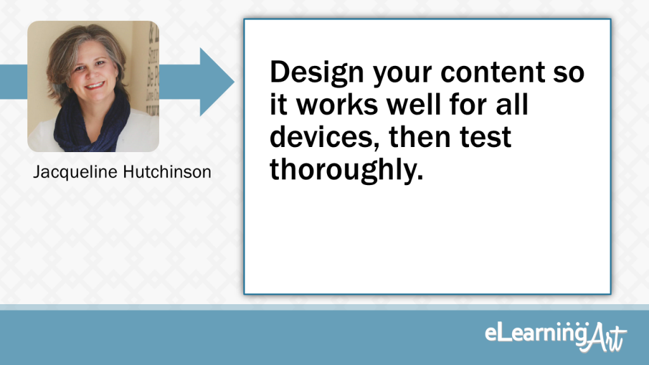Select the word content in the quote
tap(492, 72)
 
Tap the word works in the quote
tap(337, 105)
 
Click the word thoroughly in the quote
tap(347, 170)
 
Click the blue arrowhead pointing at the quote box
tap(217, 82)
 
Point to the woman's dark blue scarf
tap(92, 123)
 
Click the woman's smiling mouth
tap(95, 86)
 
